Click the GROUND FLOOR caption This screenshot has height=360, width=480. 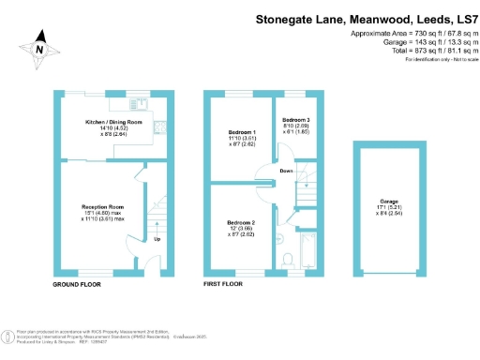77,283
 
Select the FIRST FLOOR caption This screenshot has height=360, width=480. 223,283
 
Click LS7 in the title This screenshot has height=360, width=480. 460,18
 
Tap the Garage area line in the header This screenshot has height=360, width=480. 424,42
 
